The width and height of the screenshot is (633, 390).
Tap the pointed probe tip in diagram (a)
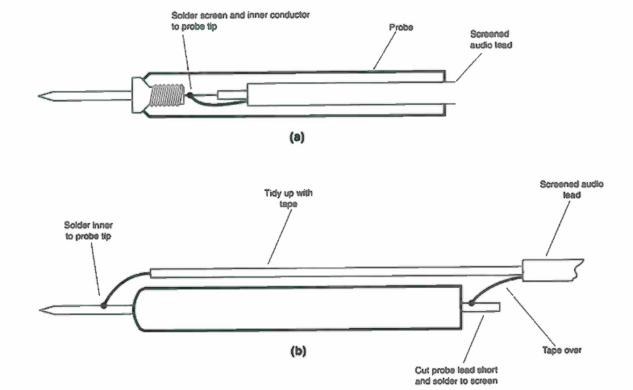coord(48,97)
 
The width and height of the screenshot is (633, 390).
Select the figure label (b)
coord(297,351)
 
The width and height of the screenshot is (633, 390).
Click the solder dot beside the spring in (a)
coord(189,95)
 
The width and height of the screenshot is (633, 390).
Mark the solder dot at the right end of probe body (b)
coord(470,304)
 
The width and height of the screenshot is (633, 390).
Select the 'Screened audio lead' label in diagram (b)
coord(572,189)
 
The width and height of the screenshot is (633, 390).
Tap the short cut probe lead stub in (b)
coord(488,307)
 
